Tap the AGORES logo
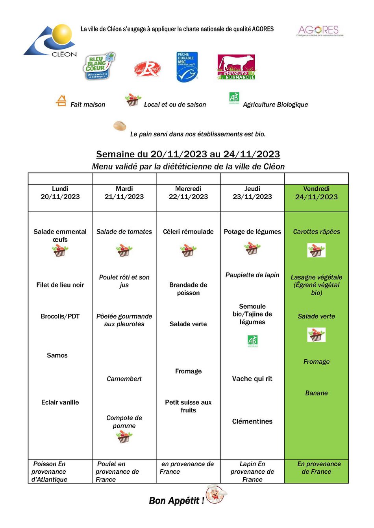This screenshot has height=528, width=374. click(319, 30)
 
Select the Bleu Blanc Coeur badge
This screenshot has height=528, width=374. click(100, 66)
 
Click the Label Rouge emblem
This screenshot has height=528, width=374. click(147, 68)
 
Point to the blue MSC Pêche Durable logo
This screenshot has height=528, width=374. click(187, 67)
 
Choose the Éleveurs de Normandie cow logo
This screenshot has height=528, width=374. click(236, 67)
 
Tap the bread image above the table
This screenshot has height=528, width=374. click(120, 126)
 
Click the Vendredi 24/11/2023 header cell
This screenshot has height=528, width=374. click(317, 193)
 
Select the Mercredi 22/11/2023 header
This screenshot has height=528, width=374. click(188, 193)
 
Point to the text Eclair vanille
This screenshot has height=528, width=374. click(60, 402)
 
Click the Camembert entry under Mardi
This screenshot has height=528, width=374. click(124, 379)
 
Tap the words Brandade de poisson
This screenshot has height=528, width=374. click(188, 289)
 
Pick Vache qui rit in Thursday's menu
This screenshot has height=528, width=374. click(252, 379)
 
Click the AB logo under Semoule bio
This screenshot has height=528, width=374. click(252, 341)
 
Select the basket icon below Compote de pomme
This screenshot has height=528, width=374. click(124, 437)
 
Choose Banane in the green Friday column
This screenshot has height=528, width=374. click(317, 393)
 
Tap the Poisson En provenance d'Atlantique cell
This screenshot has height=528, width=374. click(50, 471)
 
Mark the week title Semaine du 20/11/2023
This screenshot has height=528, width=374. click(188, 154)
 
